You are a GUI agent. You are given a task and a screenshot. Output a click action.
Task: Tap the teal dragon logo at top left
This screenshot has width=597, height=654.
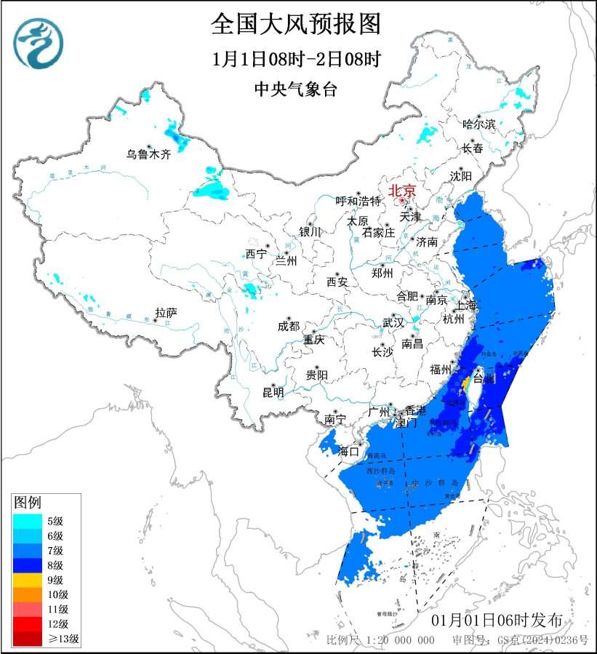[x=38, y=43]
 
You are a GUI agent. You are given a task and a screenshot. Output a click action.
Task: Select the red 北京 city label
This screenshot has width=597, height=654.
[x=402, y=191]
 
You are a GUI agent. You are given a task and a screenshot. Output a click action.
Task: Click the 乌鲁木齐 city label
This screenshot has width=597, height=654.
[x=148, y=153]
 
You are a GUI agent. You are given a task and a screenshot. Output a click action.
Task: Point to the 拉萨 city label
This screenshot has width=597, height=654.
[x=166, y=314]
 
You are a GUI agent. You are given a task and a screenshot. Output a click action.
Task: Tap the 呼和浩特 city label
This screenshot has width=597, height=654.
[x=358, y=201]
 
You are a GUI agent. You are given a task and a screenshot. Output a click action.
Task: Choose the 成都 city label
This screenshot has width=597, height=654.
[x=288, y=326]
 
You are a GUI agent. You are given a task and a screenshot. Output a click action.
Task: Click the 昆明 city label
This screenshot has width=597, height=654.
[x=273, y=392]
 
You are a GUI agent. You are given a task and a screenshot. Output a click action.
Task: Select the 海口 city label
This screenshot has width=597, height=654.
[x=349, y=451]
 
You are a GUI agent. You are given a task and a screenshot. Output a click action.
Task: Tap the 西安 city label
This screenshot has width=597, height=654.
[x=337, y=281]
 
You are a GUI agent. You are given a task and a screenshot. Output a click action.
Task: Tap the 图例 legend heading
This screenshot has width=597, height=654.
[x=28, y=503]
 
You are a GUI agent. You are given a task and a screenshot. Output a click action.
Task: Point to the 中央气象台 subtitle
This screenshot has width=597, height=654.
[x=296, y=89]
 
